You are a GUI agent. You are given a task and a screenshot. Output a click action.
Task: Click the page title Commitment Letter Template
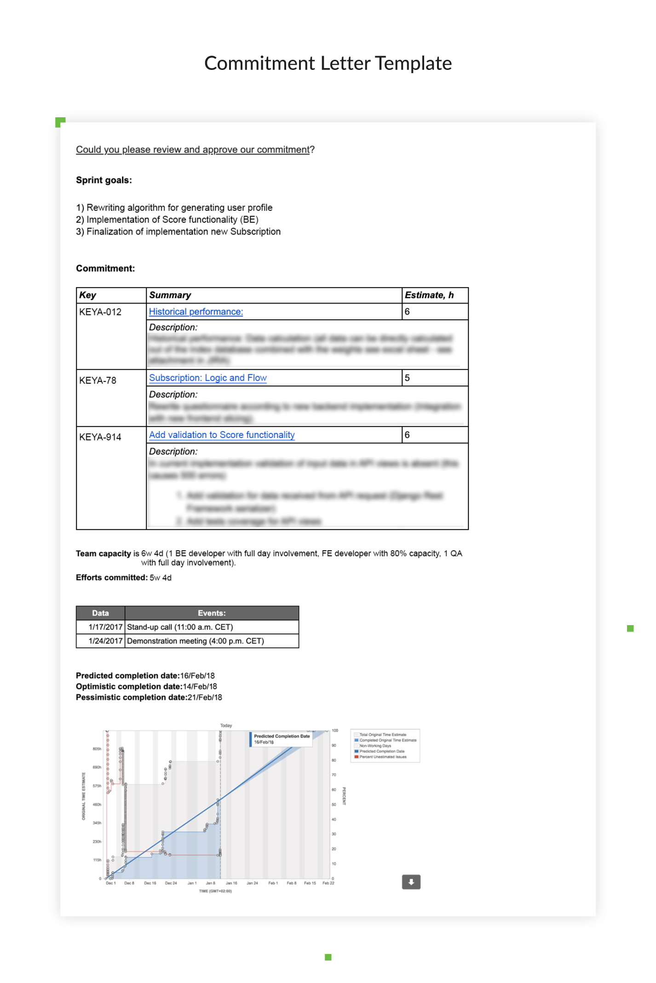[x=328, y=63]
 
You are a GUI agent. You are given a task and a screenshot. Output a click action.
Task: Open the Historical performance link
[x=196, y=312]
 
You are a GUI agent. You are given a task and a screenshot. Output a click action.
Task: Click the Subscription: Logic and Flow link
[x=208, y=378]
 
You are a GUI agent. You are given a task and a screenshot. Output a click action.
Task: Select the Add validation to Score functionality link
[x=222, y=435]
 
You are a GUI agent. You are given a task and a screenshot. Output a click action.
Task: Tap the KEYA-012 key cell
[x=100, y=312]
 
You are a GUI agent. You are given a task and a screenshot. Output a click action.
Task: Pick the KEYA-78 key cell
[x=98, y=381]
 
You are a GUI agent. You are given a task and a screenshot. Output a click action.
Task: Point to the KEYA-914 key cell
[x=100, y=437]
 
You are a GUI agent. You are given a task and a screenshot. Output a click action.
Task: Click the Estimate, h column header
[x=429, y=295]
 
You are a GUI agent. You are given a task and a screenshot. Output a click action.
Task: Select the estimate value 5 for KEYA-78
[x=407, y=378]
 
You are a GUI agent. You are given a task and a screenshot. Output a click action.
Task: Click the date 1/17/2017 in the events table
[x=105, y=627]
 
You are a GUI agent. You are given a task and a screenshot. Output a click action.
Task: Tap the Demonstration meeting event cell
[x=196, y=641]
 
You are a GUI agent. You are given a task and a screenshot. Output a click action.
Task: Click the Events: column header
[x=212, y=613]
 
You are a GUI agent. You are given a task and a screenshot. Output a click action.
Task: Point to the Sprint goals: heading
[x=104, y=180]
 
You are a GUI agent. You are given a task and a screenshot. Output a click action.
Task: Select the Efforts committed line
[x=124, y=578]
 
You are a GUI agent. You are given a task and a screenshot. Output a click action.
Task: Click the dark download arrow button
[x=411, y=882]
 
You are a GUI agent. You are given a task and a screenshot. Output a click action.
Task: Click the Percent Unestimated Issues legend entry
[x=383, y=757]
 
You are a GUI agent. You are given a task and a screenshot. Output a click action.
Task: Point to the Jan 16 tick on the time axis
[x=231, y=883]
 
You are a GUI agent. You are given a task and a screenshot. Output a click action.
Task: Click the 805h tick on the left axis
[x=97, y=749]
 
